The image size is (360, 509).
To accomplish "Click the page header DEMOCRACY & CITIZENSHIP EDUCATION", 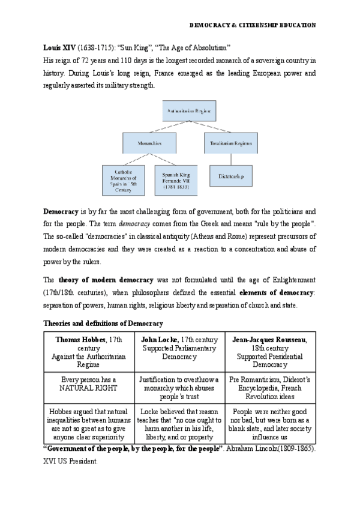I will click(x=252, y=25).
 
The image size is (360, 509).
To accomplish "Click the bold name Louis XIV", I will click(x=59, y=47).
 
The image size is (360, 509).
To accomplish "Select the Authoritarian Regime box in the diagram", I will click(x=189, y=111).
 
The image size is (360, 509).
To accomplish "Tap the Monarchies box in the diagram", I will click(x=150, y=143).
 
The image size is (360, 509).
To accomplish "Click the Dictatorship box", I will click(x=231, y=175).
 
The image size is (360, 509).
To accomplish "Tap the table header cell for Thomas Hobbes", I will click(x=89, y=352).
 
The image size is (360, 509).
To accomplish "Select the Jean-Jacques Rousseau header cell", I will click(x=269, y=352).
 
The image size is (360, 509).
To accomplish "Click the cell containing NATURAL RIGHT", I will click(x=89, y=384).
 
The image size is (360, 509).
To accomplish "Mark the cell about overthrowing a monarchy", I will click(x=179, y=388).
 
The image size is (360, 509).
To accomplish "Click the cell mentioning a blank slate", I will click(x=269, y=424).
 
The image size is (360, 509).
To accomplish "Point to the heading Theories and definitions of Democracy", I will click(x=103, y=324).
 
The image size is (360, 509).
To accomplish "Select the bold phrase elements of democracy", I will click(x=277, y=292).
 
